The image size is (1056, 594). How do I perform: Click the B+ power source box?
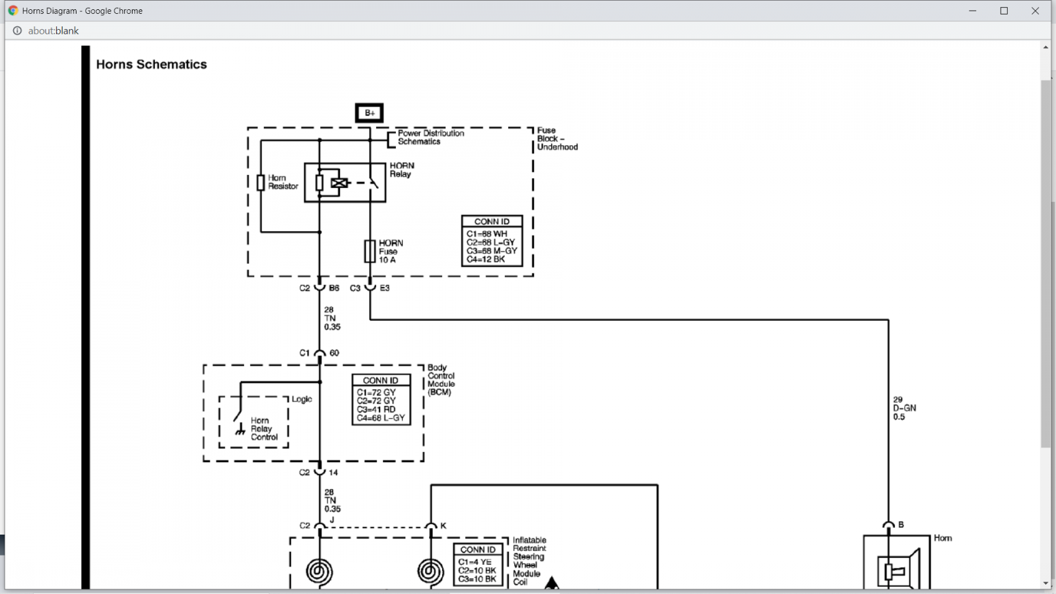369,113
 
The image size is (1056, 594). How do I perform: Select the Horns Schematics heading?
151,64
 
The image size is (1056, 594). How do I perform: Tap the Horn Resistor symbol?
261,183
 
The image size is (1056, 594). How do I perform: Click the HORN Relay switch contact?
374,183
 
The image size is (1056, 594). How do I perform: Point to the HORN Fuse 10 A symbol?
370,251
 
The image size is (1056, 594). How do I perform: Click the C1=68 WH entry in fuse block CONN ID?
486,234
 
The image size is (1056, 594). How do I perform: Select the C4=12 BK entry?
486,259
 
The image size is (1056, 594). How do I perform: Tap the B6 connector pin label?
334,288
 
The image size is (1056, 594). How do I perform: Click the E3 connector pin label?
385,288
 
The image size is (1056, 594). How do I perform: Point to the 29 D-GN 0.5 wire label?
904,409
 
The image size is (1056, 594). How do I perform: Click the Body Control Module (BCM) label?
442,379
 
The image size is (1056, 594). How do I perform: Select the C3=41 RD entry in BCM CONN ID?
376,409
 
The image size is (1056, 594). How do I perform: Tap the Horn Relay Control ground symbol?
240,430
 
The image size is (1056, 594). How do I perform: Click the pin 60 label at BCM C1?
334,353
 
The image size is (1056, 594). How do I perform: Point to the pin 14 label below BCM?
333,473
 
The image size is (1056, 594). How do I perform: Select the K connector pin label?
443,525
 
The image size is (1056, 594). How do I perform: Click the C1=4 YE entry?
475,562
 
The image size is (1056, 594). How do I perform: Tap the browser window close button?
1035,11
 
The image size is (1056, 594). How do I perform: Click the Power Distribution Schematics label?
431,137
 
